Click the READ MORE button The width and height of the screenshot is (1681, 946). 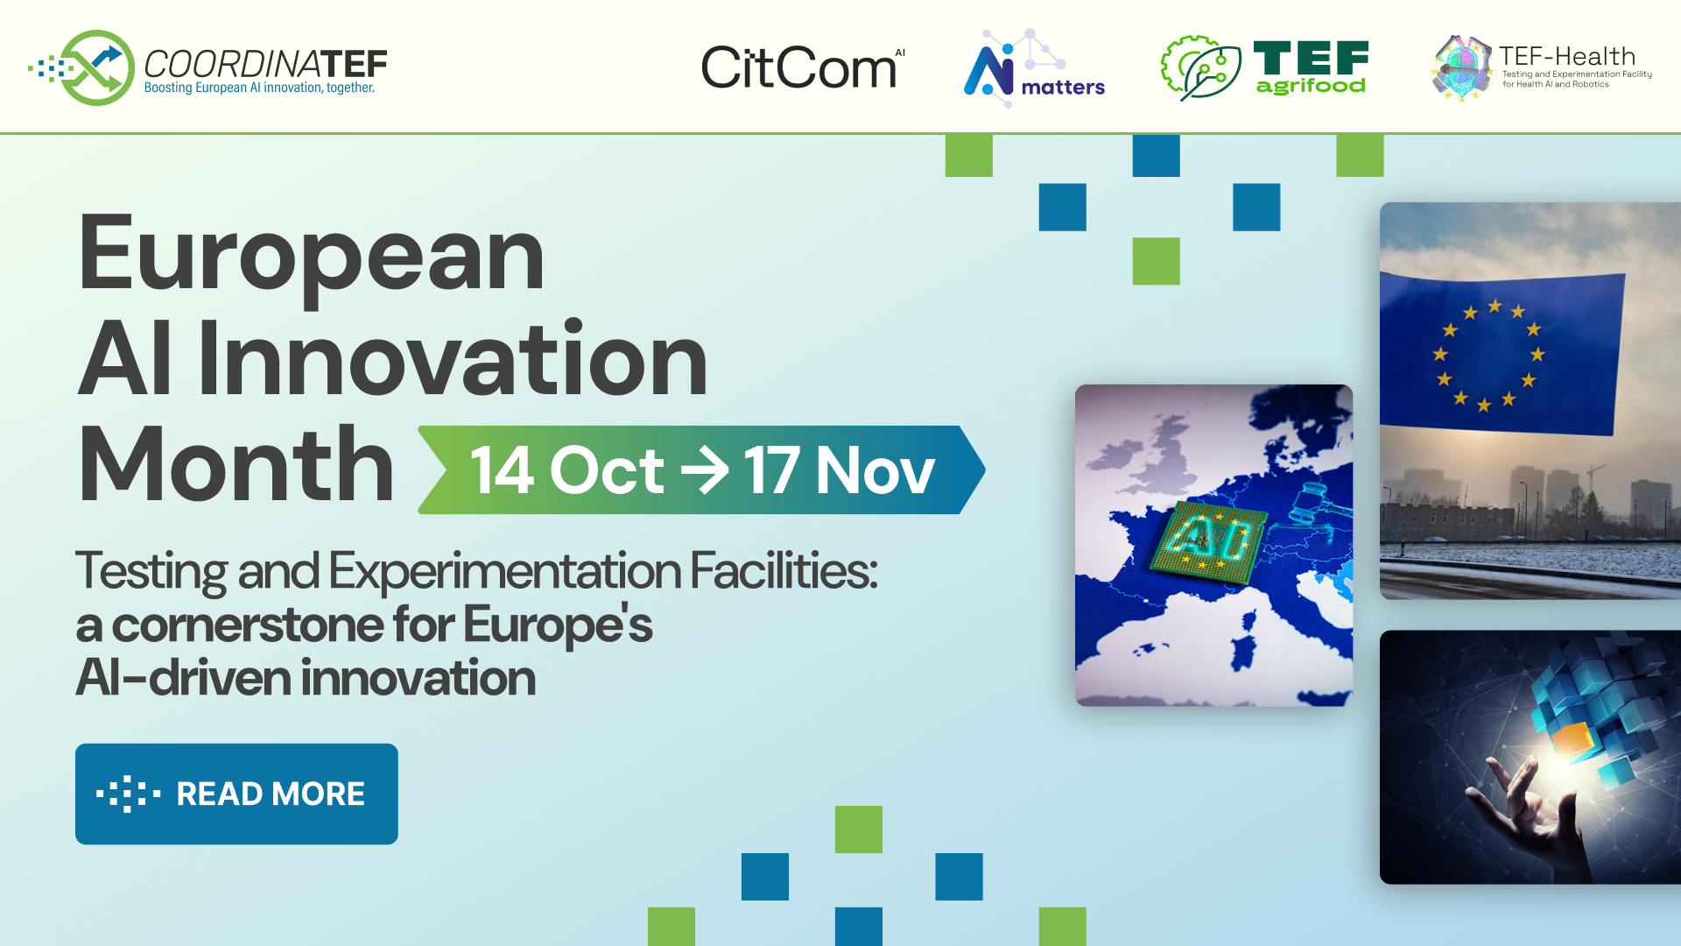pyautogui.click(x=236, y=794)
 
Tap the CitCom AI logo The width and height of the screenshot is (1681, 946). pyautogui.click(x=802, y=68)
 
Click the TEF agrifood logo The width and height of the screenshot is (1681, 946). pyautogui.click(x=1264, y=67)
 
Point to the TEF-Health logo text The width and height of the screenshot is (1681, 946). pyautogui.click(x=1567, y=57)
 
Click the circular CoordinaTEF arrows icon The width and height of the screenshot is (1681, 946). pyautogui.click(x=96, y=67)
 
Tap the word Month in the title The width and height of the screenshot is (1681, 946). pyautogui.click(x=236, y=465)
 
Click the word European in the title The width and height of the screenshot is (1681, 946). pyautogui.click(x=312, y=256)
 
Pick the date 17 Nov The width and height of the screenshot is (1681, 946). pyautogui.click(x=839, y=470)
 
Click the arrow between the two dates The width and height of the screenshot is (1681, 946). pyautogui.click(x=705, y=470)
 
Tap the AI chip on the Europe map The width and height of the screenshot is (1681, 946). pyautogui.click(x=1208, y=541)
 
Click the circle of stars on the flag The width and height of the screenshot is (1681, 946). pyautogui.click(x=1488, y=355)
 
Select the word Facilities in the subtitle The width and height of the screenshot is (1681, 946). pyautogui.click(x=783, y=571)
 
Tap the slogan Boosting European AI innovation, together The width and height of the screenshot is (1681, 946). pyautogui.click(x=259, y=88)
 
